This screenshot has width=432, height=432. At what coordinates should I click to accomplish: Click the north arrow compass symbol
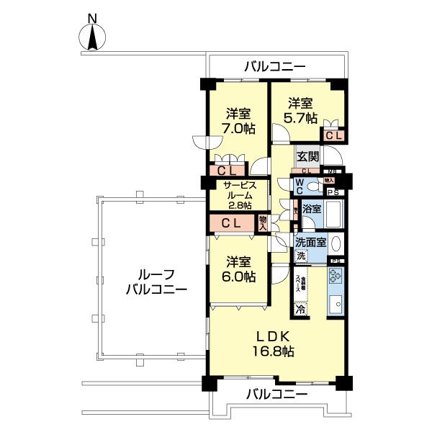pyautogui.click(x=92, y=36)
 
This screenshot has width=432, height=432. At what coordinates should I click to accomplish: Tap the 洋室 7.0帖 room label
pyautogui.click(x=238, y=121)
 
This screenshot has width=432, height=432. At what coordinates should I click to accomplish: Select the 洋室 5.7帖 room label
pyautogui.click(x=301, y=109)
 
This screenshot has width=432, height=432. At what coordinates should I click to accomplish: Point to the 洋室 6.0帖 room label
pyautogui.click(x=238, y=269)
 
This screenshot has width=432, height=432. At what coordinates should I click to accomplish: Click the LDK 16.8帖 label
pyautogui.click(x=273, y=344)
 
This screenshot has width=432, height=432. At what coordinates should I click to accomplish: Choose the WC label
pyautogui.click(x=297, y=186)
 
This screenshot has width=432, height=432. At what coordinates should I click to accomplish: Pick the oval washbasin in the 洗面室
pyautogui.click(x=336, y=242)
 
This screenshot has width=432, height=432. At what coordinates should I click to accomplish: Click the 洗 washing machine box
pyautogui.click(x=301, y=256)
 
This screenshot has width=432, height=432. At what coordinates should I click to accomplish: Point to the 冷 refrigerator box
pyautogui.click(x=300, y=310)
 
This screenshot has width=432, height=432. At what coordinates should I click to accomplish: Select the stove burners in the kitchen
pyautogui.click(x=336, y=277)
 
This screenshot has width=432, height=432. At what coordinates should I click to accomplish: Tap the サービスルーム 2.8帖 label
pyautogui.click(x=237, y=194)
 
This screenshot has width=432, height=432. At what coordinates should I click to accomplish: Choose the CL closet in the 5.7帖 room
pyautogui.click(x=333, y=135)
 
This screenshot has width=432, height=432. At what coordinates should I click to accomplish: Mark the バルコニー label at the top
pyautogui.click(x=274, y=67)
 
